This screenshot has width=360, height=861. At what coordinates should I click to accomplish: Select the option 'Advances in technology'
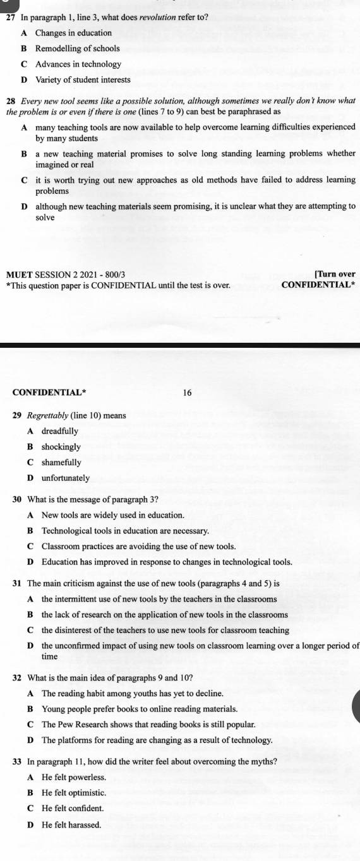(x=78, y=64)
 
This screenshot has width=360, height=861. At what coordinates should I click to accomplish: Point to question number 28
(x=10, y=101)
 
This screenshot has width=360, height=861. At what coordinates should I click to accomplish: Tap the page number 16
(x=186, y=393)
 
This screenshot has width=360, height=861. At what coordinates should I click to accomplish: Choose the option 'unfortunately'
(x=66, y=478)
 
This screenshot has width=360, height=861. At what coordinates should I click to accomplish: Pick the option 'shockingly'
(x=61, y=447)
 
